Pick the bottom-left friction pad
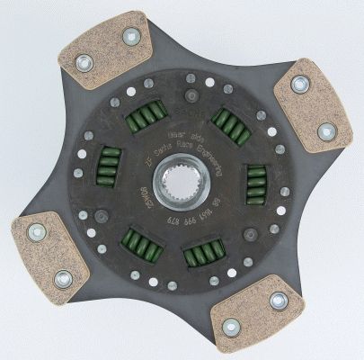(x=46, y=254)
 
